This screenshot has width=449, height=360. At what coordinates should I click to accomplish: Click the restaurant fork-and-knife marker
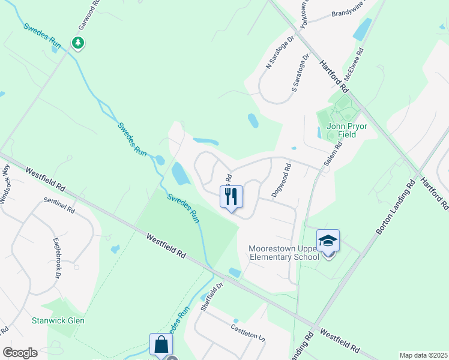231,196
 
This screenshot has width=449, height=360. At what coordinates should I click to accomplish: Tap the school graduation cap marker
328,241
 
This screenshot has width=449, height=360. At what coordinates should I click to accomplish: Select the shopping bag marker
161,345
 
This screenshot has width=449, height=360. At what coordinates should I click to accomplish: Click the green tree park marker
77,43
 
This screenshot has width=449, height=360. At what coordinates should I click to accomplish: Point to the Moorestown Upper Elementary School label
284,253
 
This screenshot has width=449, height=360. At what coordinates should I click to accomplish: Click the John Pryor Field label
341,130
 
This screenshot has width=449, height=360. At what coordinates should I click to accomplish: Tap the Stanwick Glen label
58,320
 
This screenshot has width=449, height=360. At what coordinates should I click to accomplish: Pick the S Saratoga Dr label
300,74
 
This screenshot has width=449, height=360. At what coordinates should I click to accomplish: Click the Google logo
20,352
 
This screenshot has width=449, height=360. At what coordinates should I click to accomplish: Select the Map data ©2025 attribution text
423,355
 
